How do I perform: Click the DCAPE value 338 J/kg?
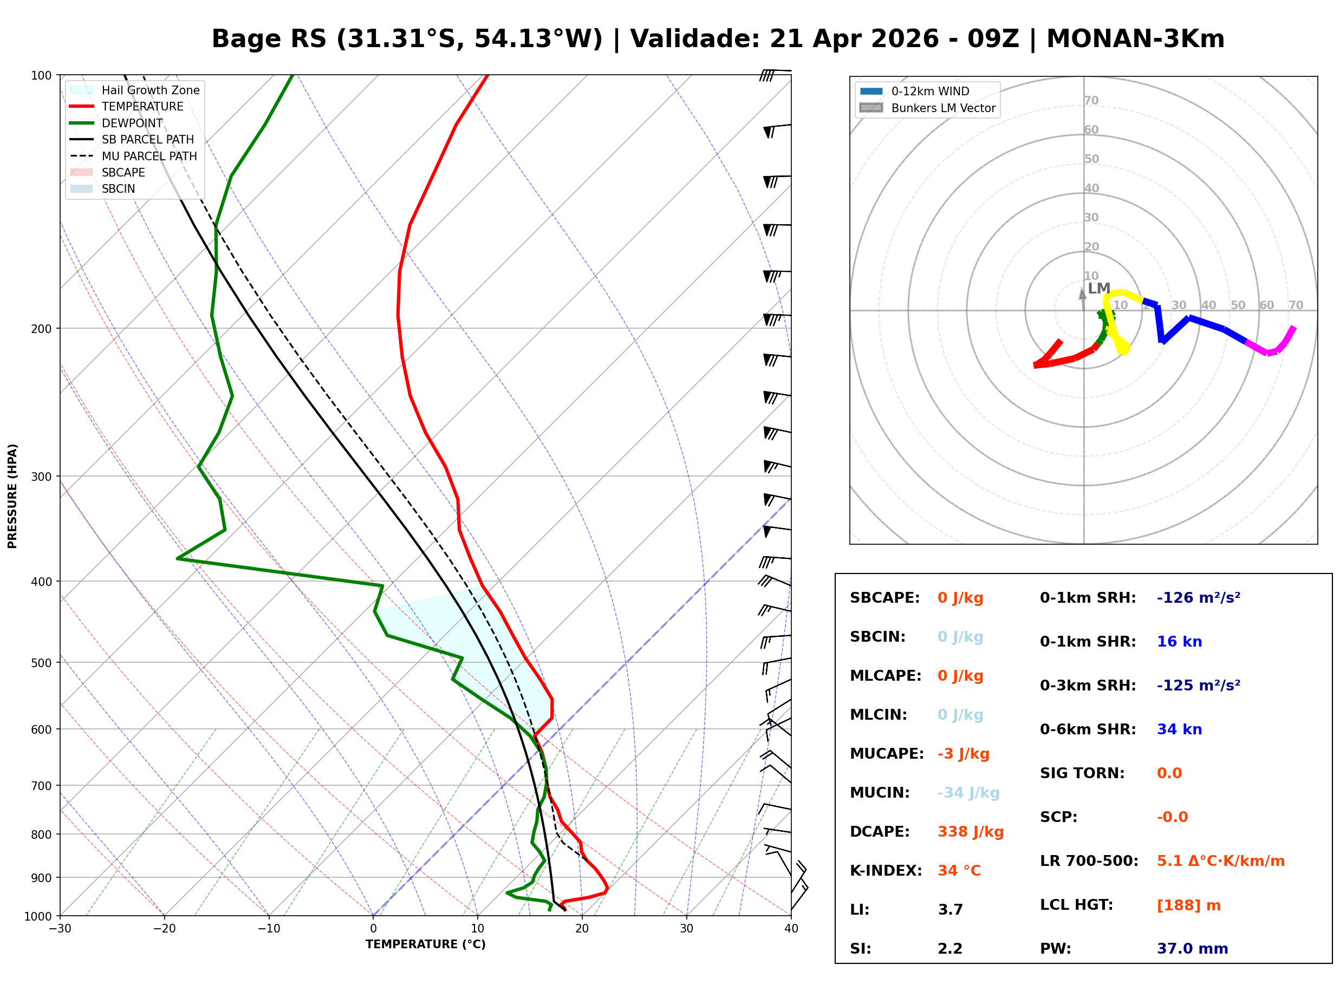[x=970, y=831]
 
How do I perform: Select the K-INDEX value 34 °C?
[x=959, y=870]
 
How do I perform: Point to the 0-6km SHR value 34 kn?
[x=1179, y=729]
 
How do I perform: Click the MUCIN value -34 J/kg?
[x=968, y=792]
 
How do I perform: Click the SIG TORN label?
[x=1082, y=773]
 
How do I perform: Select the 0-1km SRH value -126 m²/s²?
[x=1198, y=597]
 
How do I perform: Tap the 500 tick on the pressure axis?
[x=41, y=663]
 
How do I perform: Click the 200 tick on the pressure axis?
[x=41, y=329]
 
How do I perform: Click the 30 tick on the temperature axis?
[x=686, y=929]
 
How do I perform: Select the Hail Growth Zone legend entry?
[x=150, y=90]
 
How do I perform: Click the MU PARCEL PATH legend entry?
[x=149, y=156]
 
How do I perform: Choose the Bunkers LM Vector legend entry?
[x=942, y=108]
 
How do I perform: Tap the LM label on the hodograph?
[x=1098, y=289]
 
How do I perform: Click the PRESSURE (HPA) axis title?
[x=12, y=495]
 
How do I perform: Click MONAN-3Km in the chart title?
[x=1135, y=39]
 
